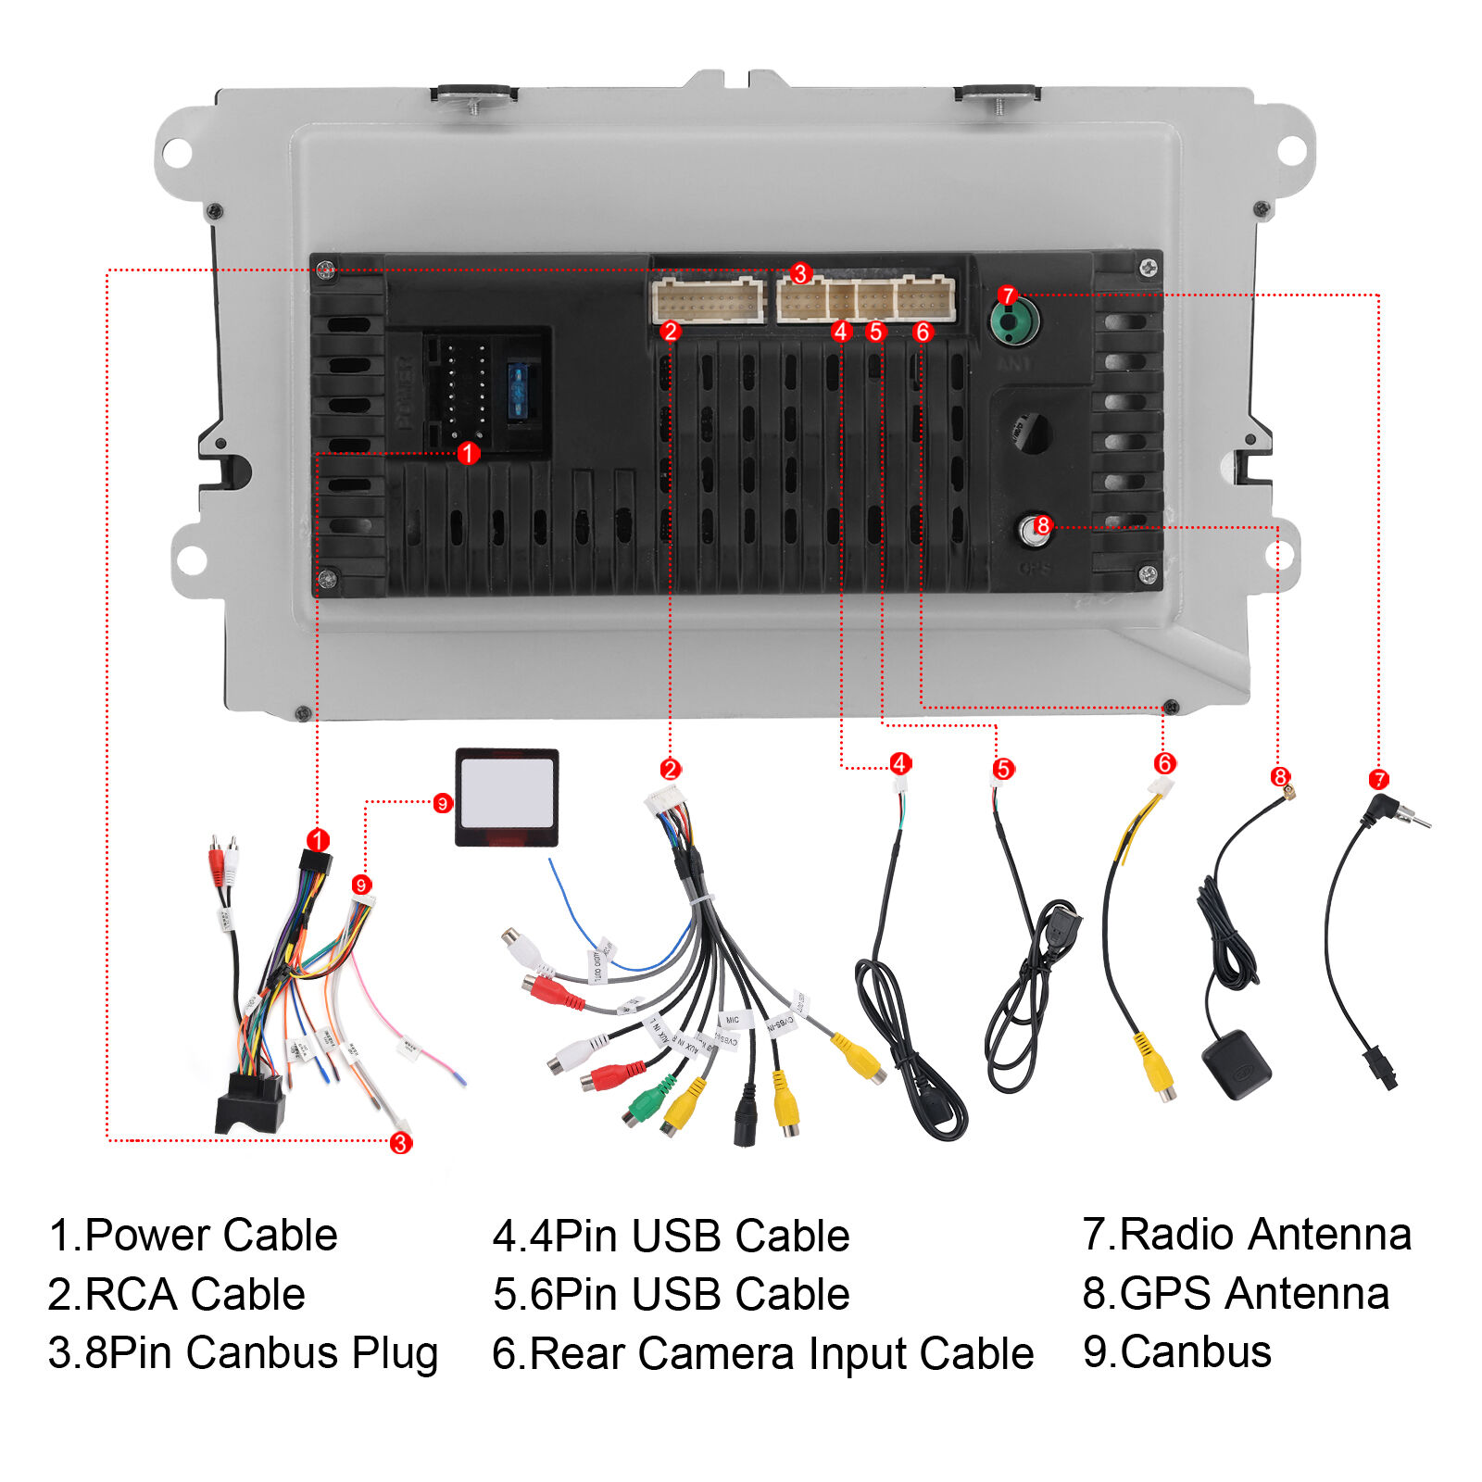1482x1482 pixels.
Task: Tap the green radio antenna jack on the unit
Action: [x=1013, y=322]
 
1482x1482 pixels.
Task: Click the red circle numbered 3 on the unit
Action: [x=800, y=274]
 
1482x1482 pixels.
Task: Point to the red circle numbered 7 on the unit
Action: [x=1008, y=296]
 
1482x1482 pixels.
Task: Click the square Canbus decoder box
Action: [x=507, y=797]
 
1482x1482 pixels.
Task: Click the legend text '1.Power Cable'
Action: [x=193, y=1236]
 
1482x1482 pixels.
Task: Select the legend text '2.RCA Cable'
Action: [x=176, y=1294]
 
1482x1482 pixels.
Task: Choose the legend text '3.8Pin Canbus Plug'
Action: [x=243, y=1353]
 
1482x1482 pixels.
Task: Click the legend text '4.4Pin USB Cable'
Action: [x=671, y=1236]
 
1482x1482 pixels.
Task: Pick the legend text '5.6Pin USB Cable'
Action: [x=671, y=1294]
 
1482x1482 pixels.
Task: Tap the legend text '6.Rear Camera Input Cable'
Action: [x=762, y=1353]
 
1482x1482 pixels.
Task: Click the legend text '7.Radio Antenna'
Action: [x=1246, y=1235]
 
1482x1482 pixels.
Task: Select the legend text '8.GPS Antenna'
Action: [x=1236, y=1293]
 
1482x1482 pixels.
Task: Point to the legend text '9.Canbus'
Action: [x=1176, y=1352]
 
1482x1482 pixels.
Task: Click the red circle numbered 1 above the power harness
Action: [x=318, y=840]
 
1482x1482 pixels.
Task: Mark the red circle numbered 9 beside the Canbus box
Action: [x=443, y=803]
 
